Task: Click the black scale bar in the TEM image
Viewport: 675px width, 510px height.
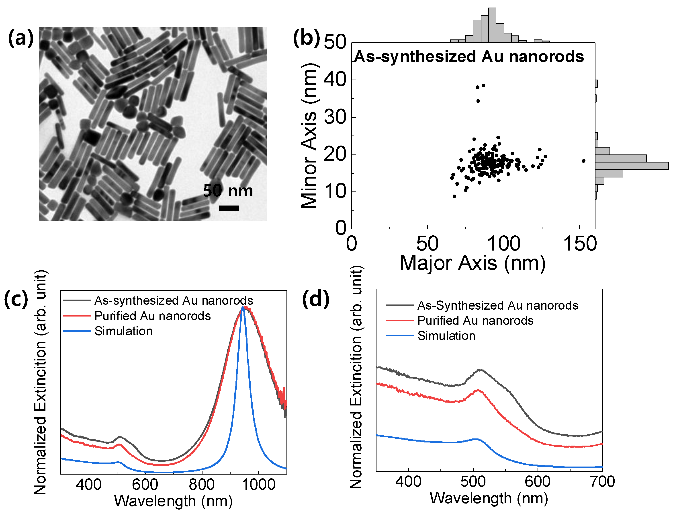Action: pos(229,208)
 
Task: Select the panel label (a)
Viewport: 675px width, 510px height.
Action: pos(20,38)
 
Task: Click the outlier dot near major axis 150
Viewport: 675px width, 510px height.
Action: pos(583,161)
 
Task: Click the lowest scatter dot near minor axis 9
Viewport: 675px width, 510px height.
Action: pos(454,196)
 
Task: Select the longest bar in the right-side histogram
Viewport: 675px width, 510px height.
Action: pos(632,166)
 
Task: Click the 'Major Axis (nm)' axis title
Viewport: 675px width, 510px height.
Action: pos(472,263)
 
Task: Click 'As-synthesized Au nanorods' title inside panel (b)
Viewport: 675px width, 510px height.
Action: pos(469,57)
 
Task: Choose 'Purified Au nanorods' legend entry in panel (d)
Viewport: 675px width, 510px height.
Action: pos(475,321)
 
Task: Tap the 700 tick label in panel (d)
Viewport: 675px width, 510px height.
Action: pos(602,482)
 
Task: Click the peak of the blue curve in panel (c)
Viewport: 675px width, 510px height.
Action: pos(243,308)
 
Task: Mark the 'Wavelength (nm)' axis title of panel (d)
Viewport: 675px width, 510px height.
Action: pos(489,498)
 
